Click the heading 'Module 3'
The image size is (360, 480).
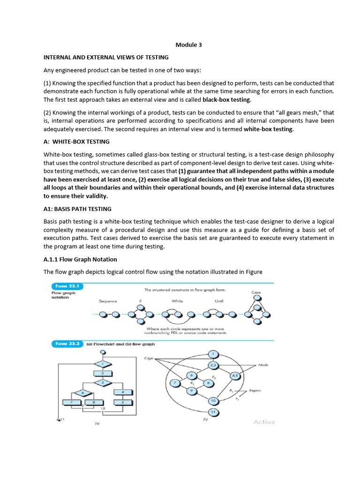188,45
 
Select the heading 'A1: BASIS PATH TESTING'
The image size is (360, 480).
77,209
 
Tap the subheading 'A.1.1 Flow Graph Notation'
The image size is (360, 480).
80,259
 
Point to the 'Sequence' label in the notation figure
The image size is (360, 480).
108,301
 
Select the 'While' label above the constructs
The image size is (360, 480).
177,301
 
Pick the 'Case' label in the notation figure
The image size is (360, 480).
256,292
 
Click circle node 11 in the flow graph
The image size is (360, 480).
212,412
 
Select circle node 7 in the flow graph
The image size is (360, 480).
175,383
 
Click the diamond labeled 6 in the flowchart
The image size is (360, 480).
83,392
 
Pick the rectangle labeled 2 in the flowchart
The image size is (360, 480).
102,373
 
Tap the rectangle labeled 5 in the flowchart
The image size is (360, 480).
122,402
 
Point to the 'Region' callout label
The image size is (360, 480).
255,390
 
